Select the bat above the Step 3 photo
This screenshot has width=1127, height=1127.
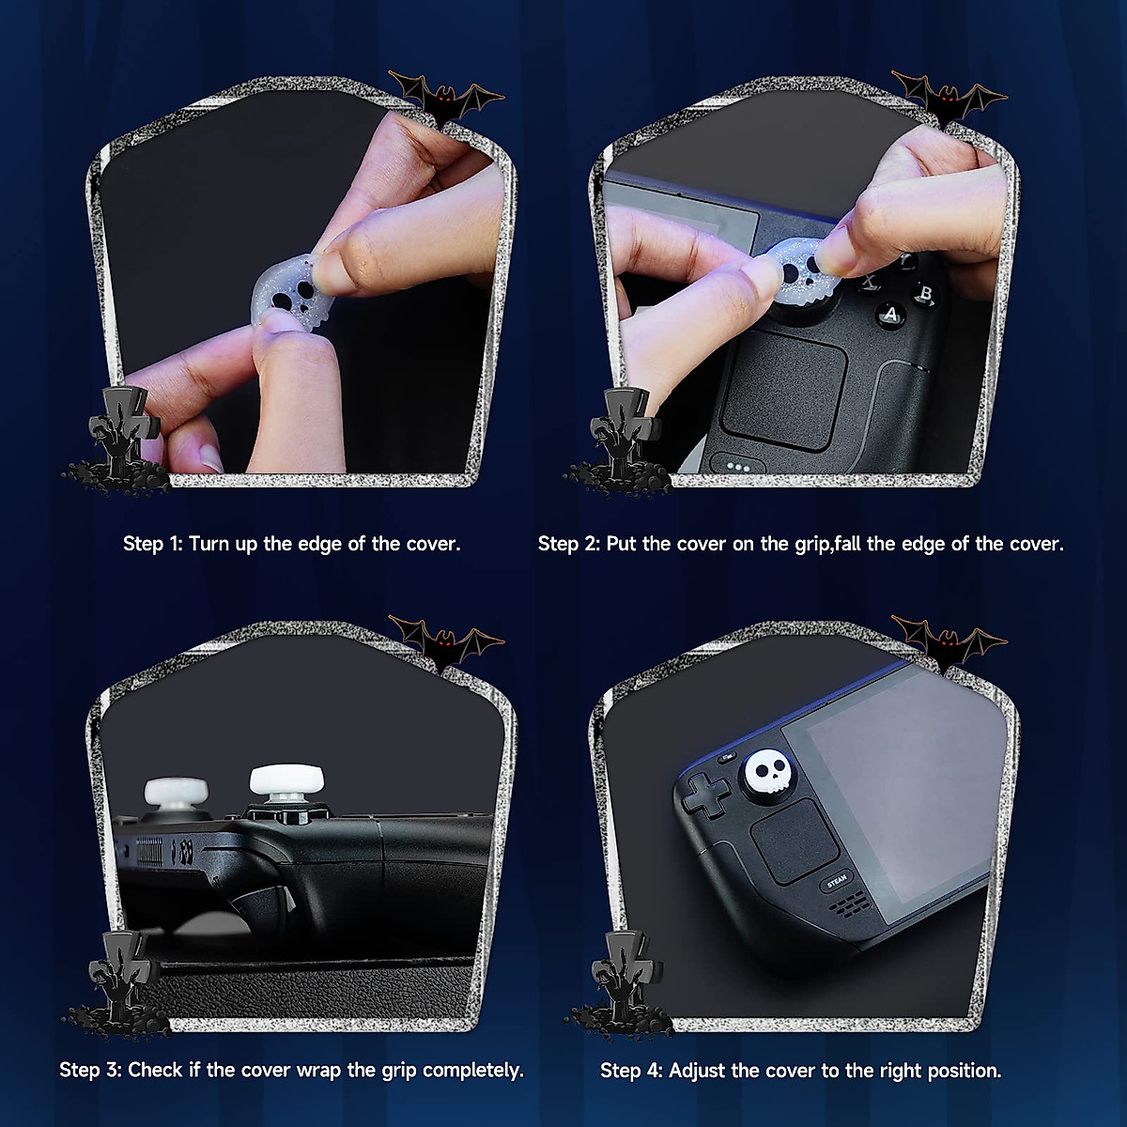446,644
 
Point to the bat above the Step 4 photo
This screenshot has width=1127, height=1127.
948,644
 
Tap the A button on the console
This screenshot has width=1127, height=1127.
890,316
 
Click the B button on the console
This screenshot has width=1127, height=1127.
926,294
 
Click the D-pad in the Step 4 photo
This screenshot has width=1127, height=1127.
705,794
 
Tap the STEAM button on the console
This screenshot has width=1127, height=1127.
836,881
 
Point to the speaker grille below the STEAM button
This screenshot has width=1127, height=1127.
850,904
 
